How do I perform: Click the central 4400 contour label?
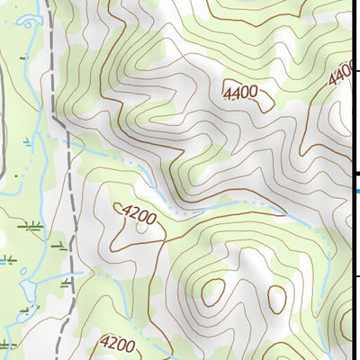pos(240,91)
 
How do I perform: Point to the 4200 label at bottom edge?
pos(118,343)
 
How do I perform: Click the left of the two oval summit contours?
pos(214,291)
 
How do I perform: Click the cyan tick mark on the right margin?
pos(356,191)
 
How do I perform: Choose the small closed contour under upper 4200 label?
pos(141,228)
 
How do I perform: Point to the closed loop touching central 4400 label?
pos(265,101)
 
